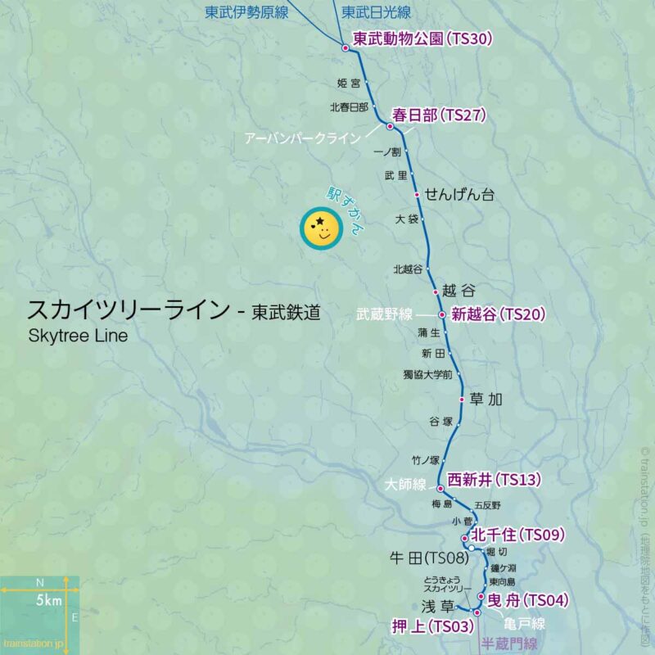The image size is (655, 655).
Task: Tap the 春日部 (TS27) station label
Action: [x=440, y=115]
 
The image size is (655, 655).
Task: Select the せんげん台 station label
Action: [x=459, y=194]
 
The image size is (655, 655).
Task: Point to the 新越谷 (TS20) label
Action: [x=498, y=314]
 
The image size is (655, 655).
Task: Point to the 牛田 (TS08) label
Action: [x=427, y=558]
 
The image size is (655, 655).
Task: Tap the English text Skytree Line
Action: [x=78, y=336]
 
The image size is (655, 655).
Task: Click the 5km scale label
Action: [x=48, y=602]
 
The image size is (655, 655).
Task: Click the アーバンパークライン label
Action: [x=302, y=139]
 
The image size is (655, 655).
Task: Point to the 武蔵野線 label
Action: [x=385, y=314]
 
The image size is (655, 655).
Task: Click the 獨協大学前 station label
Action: [x=427, y=375]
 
